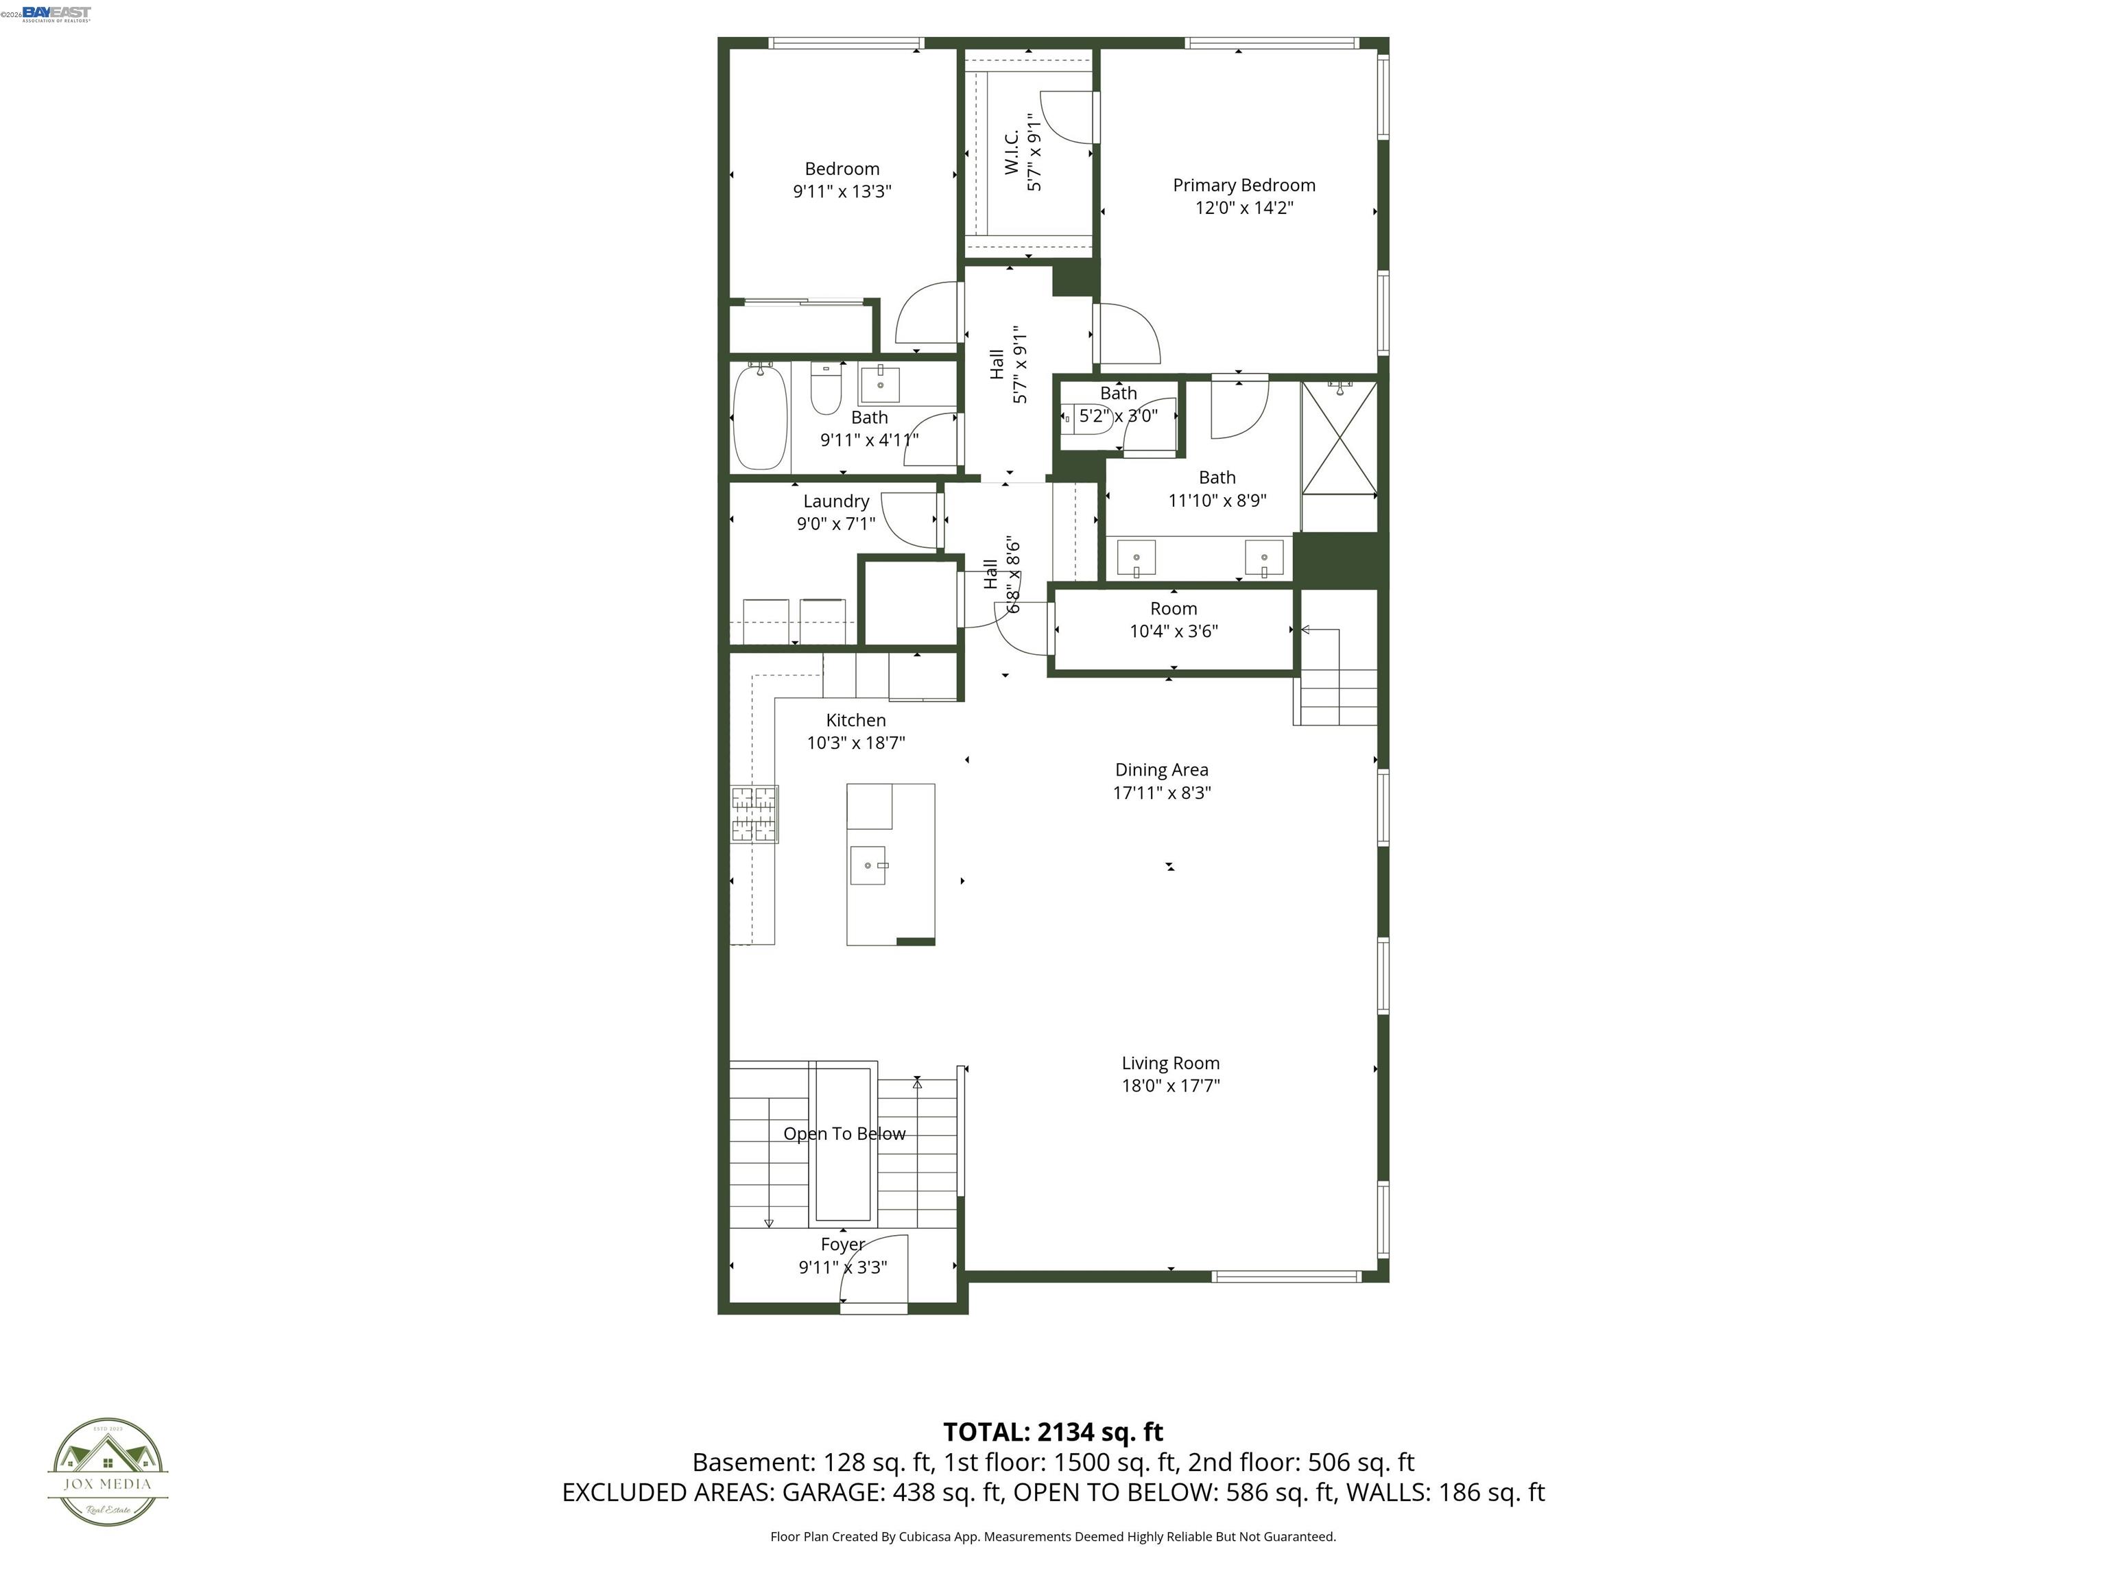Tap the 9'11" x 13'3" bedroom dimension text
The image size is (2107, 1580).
[x=842, y=191]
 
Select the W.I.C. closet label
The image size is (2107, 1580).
[x=1012, y=152]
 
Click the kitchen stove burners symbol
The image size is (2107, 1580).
[x=754, y=814]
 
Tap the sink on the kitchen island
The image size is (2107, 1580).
[x=868, y=865]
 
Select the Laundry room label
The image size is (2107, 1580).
[x=835, y=501]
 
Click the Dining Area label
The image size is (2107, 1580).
[x=1161, y=769]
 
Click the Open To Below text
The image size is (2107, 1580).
[x=844, y=1134]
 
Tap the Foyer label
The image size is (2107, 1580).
[x=842, y=1245]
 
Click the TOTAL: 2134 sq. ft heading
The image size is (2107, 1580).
[x=1053, y=1431]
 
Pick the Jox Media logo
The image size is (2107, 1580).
[x=108, y=1472]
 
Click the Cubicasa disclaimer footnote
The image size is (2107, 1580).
[x=1053, y=1536]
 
